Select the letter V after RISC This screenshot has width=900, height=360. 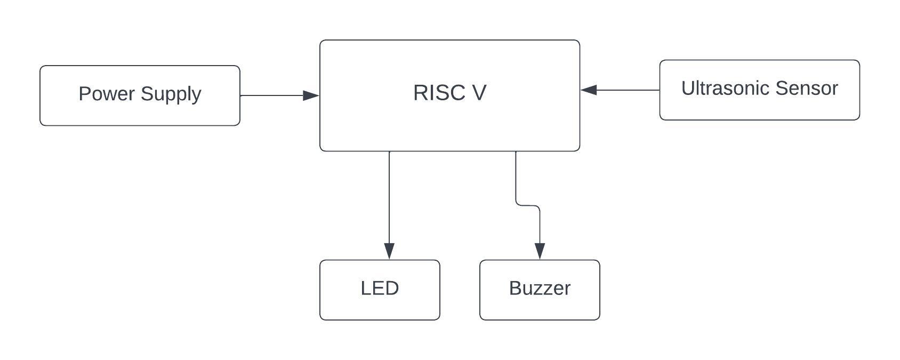pyautogui.click(x=479, y=93)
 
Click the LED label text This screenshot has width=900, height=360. pyautogui.click(x=380, y=288)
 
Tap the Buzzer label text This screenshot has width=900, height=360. pyautogui.click(x=540, y=288)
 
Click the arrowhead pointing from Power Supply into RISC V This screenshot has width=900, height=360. pyautogui.click(x=311, y=95)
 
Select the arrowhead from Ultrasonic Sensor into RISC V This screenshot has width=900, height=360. pyautogui.click(x=589, y=90)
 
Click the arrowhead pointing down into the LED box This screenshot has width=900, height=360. pyautogui.click(x=389, y=251)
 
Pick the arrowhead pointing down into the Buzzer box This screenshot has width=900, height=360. pyautogui.click(x=540, y=251)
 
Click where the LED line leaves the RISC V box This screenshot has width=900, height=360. pyautogui.click(x=389, y=152)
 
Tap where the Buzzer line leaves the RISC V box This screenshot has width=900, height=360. pyautogui.click(x=516, y=152)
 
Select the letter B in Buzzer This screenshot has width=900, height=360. pyautogui.click(x=515, y=288)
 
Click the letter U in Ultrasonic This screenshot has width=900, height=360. pyautogui.click(x=688, y=89)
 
